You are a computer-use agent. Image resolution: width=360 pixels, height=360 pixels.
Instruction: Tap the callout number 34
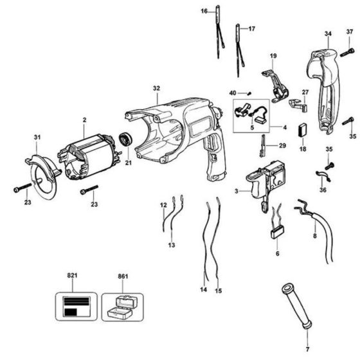(328, 33)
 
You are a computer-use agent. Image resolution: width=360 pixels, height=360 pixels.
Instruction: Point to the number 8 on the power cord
(314, 237)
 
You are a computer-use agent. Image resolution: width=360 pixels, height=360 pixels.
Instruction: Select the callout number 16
(204, 12)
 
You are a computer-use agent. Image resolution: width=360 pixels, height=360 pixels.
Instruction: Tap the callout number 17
(252, 29)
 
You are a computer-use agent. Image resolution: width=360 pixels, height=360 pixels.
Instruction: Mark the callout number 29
(282, 146)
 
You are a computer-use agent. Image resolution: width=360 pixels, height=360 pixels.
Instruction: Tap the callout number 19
(273, 57)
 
